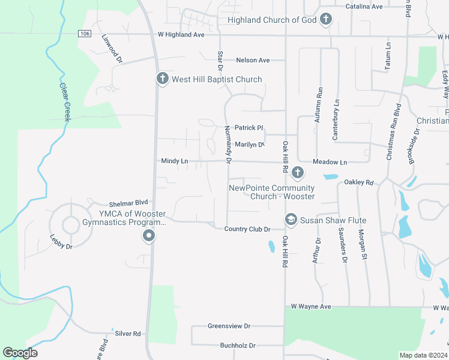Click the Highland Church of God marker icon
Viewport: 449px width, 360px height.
pos(325,20)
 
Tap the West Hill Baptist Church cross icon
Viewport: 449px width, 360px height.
pos(162,79)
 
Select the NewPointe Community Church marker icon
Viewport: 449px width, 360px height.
pos(297,174)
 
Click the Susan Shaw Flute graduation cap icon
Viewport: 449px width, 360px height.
pos(291,220)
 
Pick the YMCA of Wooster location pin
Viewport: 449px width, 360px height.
pos(149,237)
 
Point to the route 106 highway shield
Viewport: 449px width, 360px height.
pos(84,34)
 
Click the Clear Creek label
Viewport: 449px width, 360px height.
pos(65,102)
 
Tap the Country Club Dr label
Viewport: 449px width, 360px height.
pos(247,229)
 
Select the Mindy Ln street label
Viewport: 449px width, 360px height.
pos(175,161)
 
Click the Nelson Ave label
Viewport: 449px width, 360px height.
pos(253,60)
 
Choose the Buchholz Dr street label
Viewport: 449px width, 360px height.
pos(238,346)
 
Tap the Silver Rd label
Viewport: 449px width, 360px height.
pos(128,333)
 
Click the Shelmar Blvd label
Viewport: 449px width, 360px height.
pos(128,204)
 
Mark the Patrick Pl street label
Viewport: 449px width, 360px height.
pos(249,128)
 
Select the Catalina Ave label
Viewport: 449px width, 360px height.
pos(364,7)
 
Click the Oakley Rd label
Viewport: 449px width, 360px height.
pos(359,182)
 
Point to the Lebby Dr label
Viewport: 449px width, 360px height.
pos(61,242)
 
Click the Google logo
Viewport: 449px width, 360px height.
pos(20,353)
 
